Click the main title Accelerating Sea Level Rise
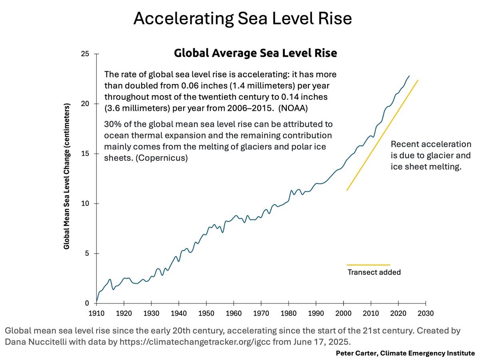pyautogui.click(x=242, y=19)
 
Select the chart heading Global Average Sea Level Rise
pyautogui.click(x=255, y=53)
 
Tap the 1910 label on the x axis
pyautogui.click(x=96, y=313)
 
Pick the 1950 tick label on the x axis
pyautogui.click(x=206, y=313)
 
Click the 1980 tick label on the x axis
pyautogui.click(x=289, y=313)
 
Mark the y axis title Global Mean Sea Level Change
pyautogui.click(x=67, y=176)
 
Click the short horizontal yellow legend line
pyautogui.click(x=368, y=265)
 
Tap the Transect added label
pyautogui.click(x=374, y=272)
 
